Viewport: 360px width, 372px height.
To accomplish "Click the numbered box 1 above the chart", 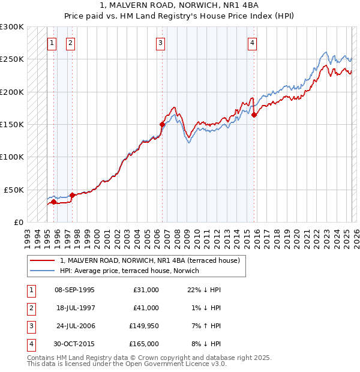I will (52, 42).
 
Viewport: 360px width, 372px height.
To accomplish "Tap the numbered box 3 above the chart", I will (161, 42).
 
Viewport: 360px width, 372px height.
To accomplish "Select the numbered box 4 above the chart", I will (253, 42).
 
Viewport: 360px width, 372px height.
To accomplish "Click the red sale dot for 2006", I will (162, 124).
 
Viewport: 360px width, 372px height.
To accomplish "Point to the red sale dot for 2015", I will (254, 115).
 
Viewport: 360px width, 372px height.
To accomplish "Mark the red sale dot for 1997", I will (72, 195).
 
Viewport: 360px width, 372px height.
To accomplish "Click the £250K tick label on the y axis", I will (12, 59).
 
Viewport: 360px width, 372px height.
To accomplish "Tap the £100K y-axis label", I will (12, 157).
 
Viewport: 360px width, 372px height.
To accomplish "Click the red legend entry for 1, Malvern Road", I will (149, 260).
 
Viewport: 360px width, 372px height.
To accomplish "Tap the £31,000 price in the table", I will (146, 290).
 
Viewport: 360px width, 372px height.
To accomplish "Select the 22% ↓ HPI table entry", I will (204, 290).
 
